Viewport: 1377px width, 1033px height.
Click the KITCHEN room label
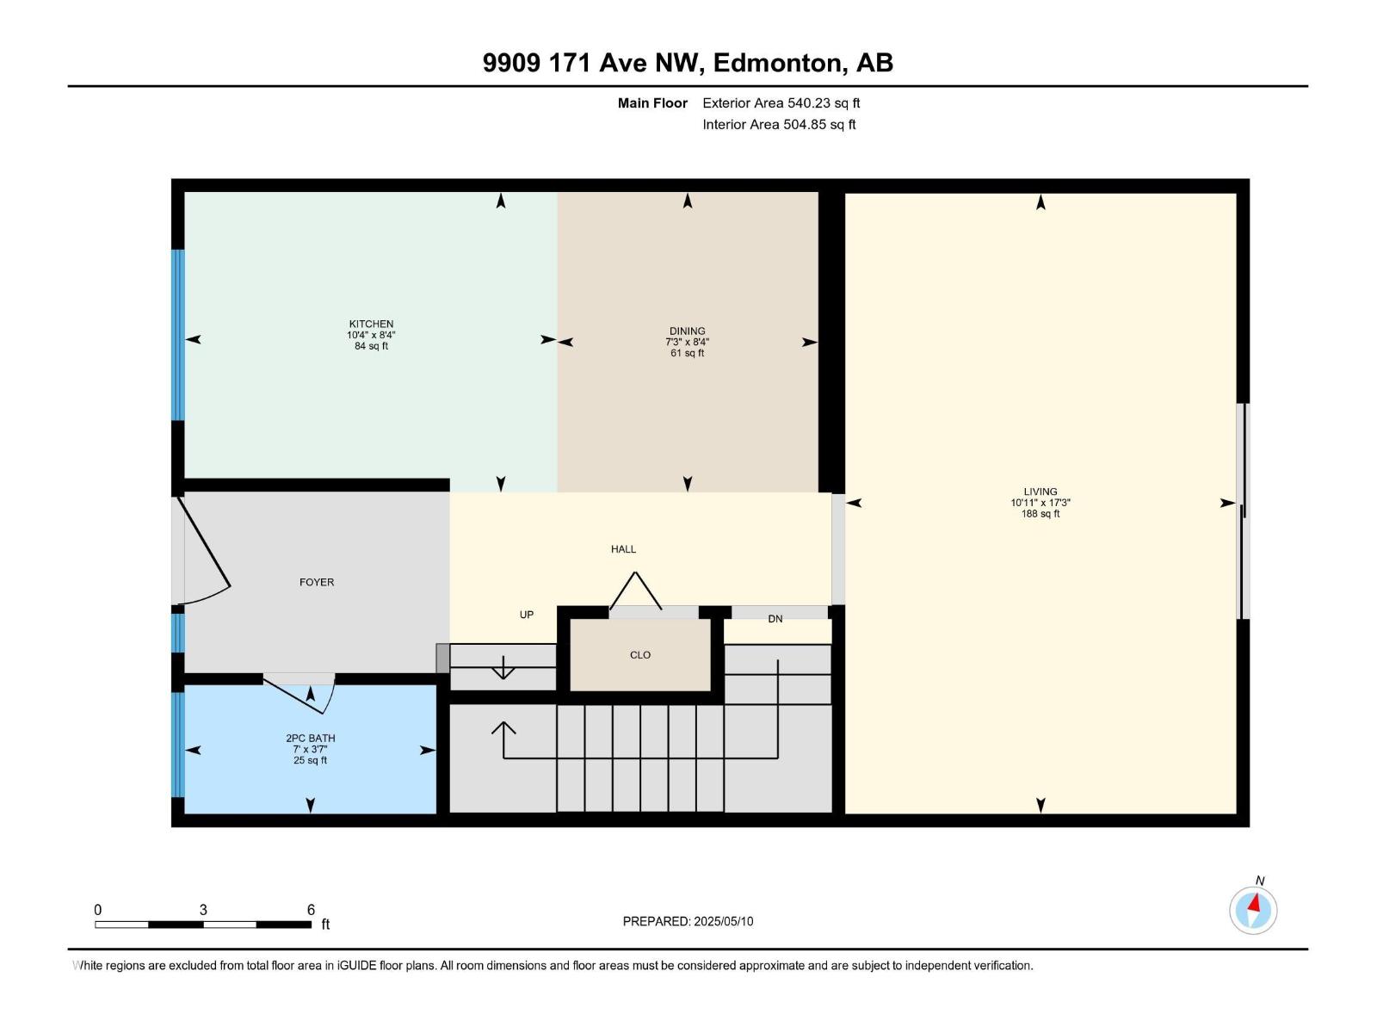pos(371,325)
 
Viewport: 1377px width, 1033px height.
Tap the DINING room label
pos(687,331)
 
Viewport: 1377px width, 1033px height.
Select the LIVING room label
pos(1040,492)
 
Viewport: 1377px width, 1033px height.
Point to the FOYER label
pos(317,583)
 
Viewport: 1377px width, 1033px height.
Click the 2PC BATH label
pos(310,739)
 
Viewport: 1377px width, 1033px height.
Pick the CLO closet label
pos(640,655)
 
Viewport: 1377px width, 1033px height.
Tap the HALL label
pos(623,549)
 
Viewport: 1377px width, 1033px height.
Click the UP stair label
pos(527,615)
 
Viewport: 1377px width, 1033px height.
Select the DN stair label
pos(775,619)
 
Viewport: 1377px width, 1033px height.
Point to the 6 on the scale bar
pos(311,910)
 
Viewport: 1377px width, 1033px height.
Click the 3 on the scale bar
pos(203,910)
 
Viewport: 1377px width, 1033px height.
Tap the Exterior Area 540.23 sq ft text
pos(781,103)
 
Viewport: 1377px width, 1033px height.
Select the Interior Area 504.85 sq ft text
pos(779,125)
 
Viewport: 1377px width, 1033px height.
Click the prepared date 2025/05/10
pos(723,921)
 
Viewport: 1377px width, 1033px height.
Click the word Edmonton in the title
pos(778,63)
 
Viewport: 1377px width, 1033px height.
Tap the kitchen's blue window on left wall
pos(178,335)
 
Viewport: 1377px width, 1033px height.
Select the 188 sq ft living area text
pos(1040,514)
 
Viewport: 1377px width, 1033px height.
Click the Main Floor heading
pos(652,103)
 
